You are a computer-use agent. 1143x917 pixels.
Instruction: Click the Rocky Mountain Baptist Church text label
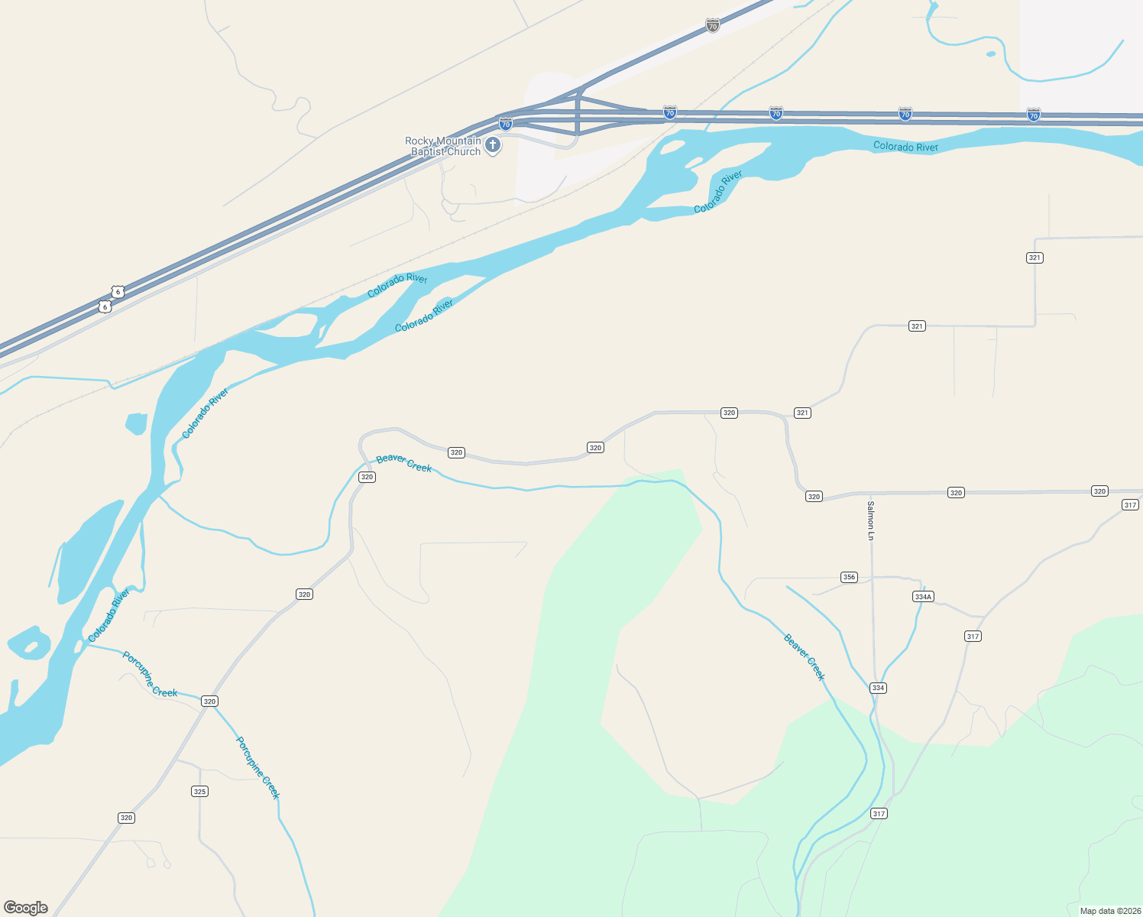click(443, 146)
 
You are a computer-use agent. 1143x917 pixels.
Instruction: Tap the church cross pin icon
click(494, 145)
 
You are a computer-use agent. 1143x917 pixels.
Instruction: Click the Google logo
click(26, 907)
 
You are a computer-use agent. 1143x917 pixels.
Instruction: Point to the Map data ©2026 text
click(1109, 911)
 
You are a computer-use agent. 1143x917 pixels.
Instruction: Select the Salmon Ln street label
click(870, 520)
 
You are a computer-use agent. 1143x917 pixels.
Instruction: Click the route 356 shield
click(849, 577)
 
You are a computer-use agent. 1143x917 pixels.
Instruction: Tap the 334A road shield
click(923, 596)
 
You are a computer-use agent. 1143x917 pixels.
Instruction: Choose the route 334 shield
click(878, 688)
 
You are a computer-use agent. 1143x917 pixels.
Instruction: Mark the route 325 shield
click(199, 791)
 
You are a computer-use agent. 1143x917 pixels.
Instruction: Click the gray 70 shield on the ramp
click(713, 26)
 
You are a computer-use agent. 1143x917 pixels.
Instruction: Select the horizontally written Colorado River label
click(905, 146)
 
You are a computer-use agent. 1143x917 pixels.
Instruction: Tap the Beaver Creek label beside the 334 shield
click(805, 656)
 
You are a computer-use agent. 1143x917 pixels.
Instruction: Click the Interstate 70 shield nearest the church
click(505, 124)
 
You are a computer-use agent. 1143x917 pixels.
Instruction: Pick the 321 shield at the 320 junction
click(802, 413)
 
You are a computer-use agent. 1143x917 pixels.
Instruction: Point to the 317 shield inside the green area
click(879, 814)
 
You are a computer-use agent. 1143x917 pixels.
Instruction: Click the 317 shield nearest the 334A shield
click(973, 636)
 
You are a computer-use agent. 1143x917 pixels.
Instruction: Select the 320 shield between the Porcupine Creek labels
click(209, 701)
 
